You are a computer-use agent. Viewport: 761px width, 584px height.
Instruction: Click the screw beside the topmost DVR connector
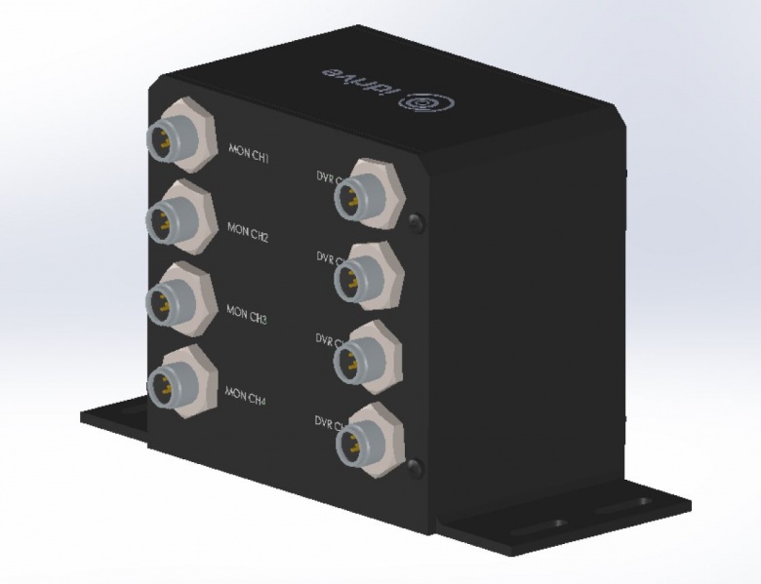418,221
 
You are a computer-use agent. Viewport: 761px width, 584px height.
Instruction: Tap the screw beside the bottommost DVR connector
418,465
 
